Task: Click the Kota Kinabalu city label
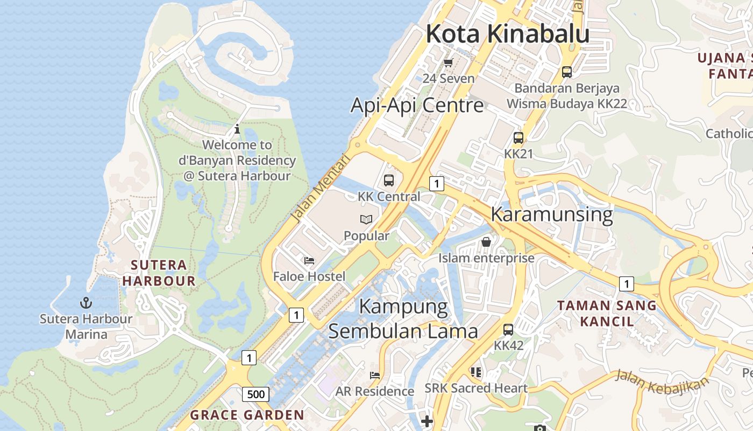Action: pos(507,34)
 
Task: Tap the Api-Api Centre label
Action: pos(417,105)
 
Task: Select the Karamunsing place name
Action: pos(551,214)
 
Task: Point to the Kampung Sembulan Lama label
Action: pos(403,318)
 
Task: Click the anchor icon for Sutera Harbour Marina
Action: pos(86,303)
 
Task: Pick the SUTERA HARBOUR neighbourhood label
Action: pos(159,273)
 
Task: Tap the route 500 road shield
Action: pos(255,394)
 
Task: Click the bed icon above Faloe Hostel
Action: pos(309,261)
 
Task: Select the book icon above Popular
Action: pos(366,219)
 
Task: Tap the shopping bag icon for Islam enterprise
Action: pos(486,242)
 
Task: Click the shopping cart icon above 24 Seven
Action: pos(448,62)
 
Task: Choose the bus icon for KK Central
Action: pos(389,180)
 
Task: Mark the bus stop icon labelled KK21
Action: pos(518,138)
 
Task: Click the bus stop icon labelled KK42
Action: pos(508,329)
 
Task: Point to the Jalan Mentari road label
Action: pos(319,189)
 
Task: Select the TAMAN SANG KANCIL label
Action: pos(606,314)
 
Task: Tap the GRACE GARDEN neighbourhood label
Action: pos(247,415)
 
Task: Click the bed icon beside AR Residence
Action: pos(375,375)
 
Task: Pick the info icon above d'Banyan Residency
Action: pos(237,129)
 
